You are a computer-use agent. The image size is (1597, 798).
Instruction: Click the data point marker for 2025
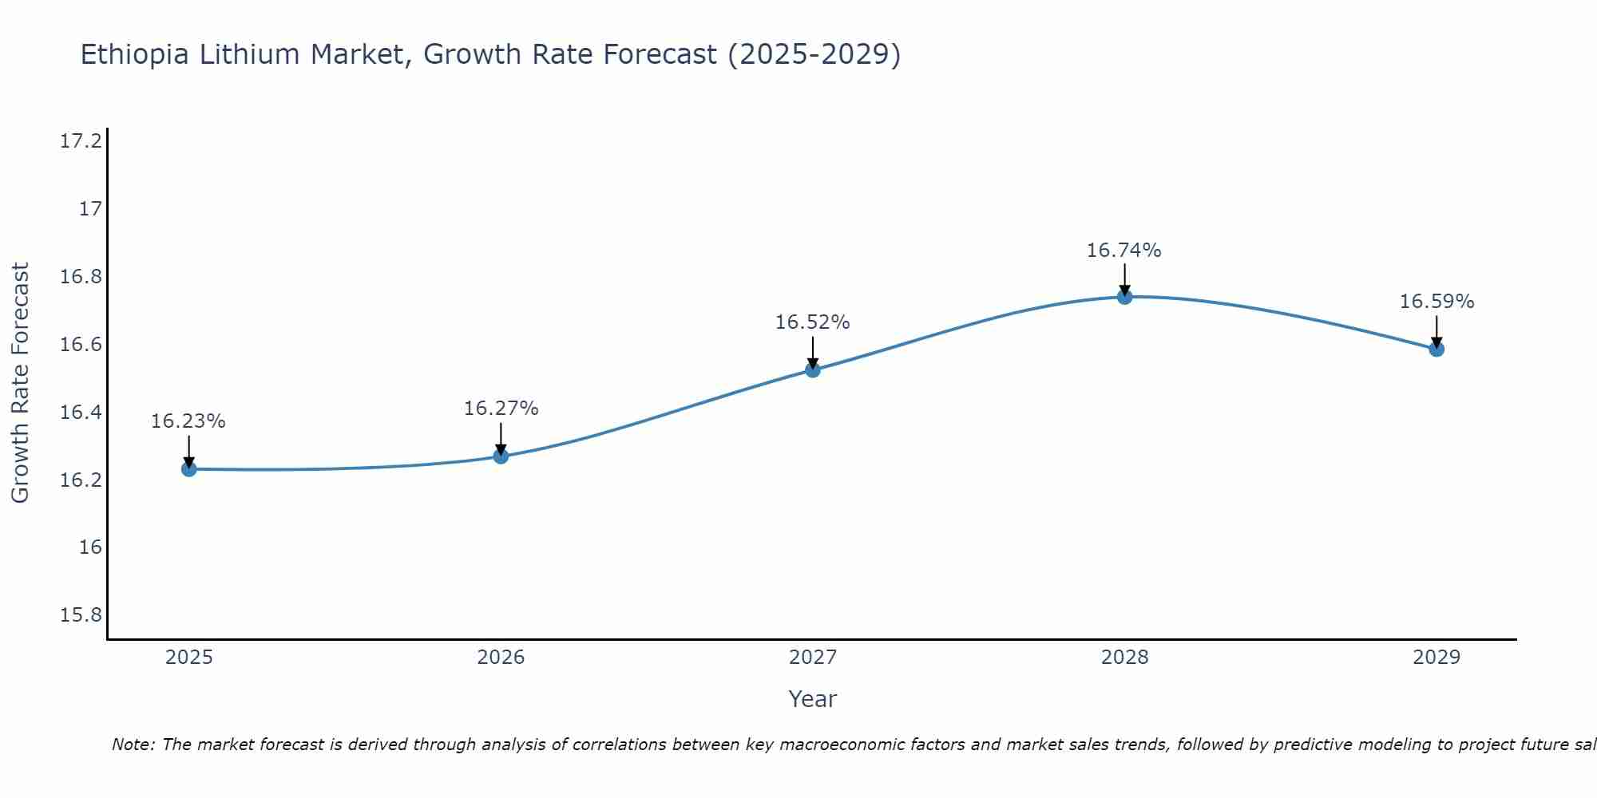[189, 469]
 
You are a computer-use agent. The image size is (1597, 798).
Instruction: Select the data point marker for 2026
[501, 456]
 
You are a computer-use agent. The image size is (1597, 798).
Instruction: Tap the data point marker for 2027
[813, 369]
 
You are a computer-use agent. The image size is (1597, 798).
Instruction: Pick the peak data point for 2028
[1124, 297]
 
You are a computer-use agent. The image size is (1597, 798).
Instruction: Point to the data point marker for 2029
[1437, 349]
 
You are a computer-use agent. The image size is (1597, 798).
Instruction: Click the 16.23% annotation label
[188, 421]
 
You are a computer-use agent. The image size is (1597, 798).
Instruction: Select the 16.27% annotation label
[501, 409]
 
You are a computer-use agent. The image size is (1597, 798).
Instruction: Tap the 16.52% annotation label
[813, 322]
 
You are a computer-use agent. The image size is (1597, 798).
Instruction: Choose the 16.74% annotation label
[1123, 251]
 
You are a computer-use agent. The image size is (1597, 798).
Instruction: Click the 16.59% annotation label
[1437, 302]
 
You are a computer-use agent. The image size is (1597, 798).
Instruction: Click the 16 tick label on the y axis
[90, 547]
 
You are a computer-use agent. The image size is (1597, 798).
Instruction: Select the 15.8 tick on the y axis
[81, 615]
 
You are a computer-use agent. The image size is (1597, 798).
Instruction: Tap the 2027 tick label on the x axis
[813, 658]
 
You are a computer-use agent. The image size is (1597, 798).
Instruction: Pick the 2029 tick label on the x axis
[1437, 658]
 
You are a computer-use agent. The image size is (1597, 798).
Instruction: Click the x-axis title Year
[812, 699]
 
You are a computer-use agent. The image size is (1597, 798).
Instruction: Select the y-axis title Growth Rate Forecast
[20, 383]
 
